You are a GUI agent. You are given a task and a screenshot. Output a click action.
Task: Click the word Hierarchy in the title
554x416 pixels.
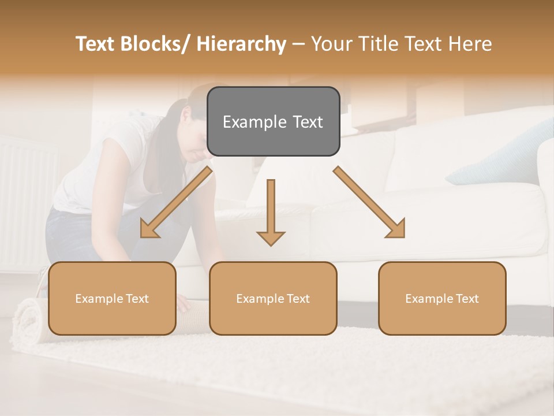pyautogui.click(x=241, y=44)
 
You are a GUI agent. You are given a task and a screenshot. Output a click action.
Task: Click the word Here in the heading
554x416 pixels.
pyautogui.click(x=470, y=44)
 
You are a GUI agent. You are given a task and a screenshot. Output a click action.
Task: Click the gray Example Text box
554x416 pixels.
pyautogui.click(x=273, y=122)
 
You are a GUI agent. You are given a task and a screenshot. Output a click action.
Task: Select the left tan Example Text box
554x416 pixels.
pyautogui.click(x=112, y=299)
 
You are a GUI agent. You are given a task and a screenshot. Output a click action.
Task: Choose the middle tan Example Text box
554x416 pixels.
pyautogui.click(x=273, y=299)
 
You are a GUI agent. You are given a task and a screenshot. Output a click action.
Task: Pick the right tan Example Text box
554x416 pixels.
pyautogui.click(x=442, y=299)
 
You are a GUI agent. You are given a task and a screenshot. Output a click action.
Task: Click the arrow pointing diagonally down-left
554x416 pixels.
pyautogui.click(x=175, y=203)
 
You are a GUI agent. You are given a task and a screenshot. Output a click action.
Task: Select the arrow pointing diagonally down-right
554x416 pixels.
pyautogui.click(x=369, y=203)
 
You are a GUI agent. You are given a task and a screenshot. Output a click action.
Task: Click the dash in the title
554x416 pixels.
pyautogui.click(x=298, y=44)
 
